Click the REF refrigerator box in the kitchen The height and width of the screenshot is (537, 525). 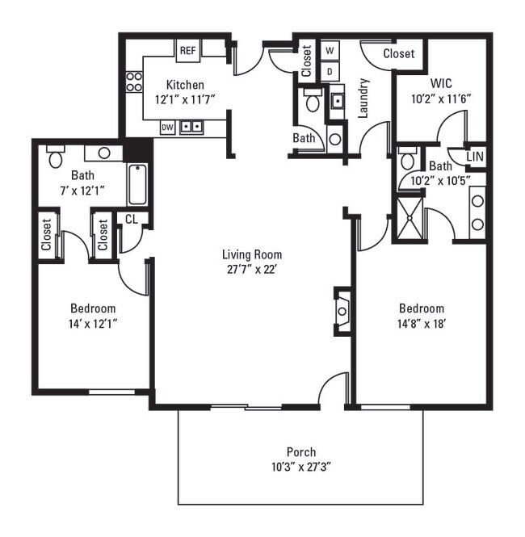coord(187,51)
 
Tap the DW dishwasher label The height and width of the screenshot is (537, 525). coord(167,128)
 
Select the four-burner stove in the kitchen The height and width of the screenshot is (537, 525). coord(134,82)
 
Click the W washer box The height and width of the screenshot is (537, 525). coord(330,51)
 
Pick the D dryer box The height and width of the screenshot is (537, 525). coord(330,72)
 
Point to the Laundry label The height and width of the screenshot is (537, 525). coord(363,99)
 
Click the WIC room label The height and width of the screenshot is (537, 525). coord(441,83)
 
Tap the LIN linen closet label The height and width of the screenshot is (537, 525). coord(475,157)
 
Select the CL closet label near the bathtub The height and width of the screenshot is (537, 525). coord(131,219)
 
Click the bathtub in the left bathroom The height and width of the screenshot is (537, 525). coord(137,184)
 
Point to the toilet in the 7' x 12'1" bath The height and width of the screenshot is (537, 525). coord(56,156)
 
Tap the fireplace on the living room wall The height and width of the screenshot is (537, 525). coord(342,311)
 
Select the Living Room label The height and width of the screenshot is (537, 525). coord(252,254)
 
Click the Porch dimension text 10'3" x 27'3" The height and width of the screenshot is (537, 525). coord(301,467)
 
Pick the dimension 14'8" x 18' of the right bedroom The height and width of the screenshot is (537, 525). coord(422,324)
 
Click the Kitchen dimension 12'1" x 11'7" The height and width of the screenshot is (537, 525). coord(185,99)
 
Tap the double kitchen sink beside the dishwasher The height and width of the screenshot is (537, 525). coord(191,128)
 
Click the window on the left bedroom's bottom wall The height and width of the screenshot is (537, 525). coord(112,392)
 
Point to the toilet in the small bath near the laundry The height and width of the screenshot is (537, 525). coord(313,100)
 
